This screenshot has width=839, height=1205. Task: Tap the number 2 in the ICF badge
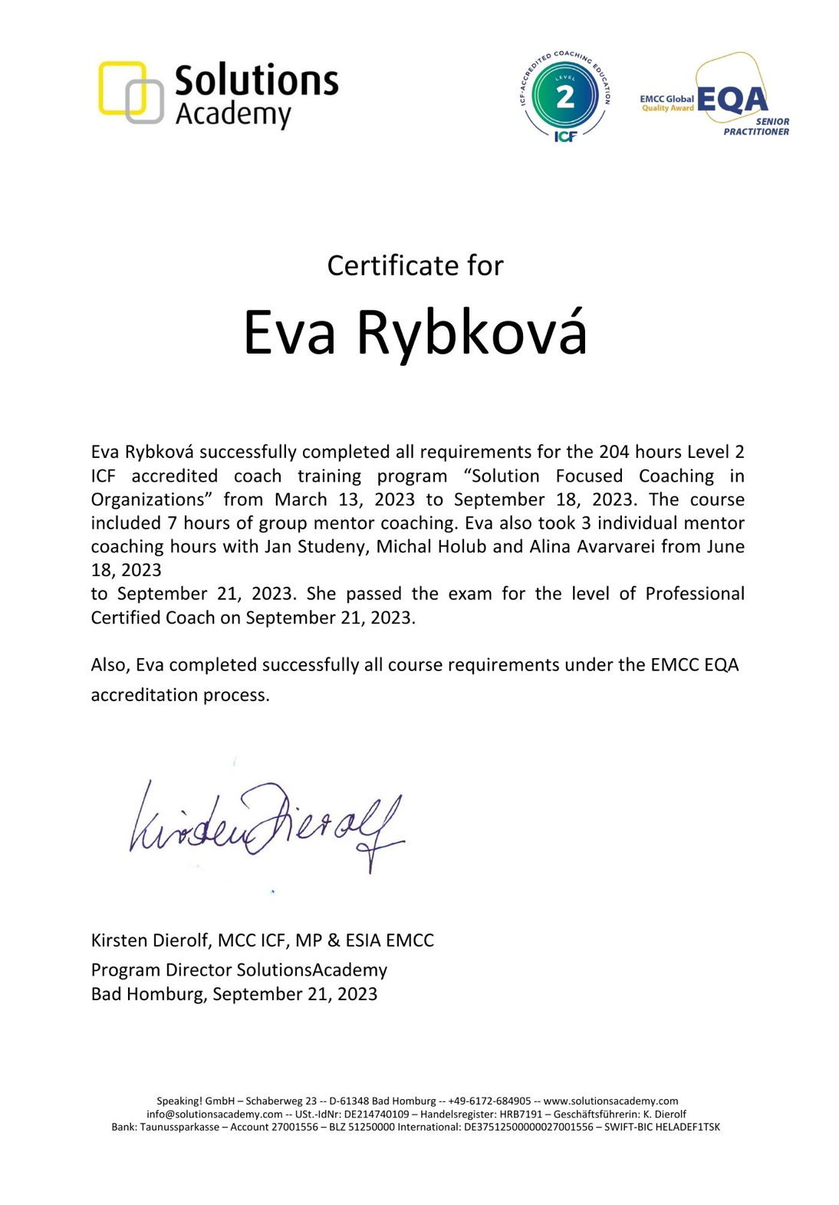point(565,97)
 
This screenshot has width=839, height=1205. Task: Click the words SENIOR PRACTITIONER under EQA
point(758,127)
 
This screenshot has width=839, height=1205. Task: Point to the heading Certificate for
point(415,265)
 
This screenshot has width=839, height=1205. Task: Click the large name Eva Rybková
point(415,333)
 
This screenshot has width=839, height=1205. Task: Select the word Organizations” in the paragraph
point(152,499)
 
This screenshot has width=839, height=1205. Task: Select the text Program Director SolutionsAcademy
point(239,970)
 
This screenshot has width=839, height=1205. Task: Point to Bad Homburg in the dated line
point(148,994)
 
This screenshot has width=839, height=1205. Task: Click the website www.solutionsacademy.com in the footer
point(610,1101)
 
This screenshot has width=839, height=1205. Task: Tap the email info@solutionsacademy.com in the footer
point(215,1114)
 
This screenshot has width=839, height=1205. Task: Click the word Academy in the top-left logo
point(233,114)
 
